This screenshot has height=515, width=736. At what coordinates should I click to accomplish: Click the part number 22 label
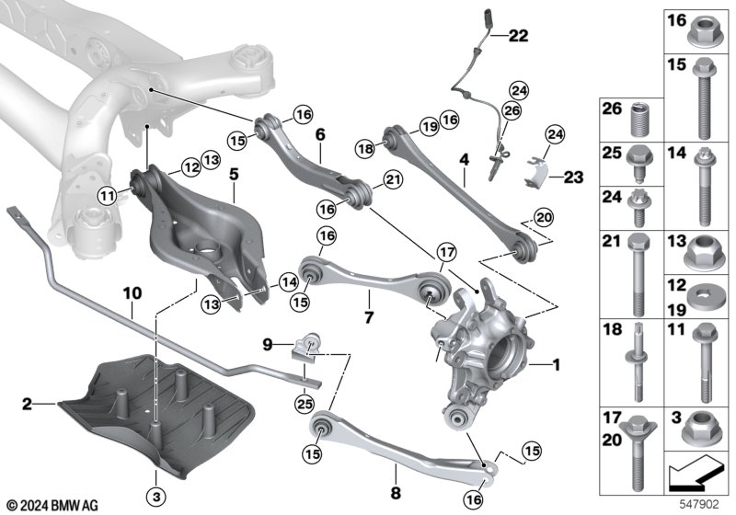[519, 36]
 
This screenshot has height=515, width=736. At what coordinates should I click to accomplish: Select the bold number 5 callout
[234, 172]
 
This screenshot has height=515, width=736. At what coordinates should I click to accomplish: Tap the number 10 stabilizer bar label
[132, 294]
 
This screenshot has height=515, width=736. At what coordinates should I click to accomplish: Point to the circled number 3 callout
[157, 475]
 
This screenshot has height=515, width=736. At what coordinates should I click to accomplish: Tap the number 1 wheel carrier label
[556, 365]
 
